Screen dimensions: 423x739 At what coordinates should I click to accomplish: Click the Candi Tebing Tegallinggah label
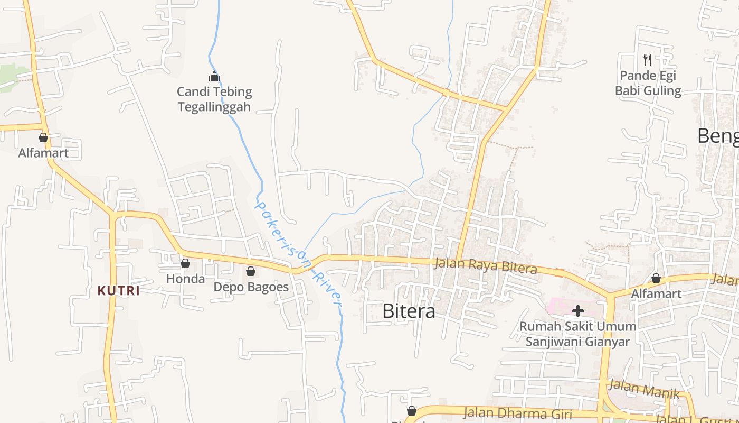(x=214, y=99)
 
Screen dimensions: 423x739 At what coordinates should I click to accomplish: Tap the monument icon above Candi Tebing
(x=214, y=76)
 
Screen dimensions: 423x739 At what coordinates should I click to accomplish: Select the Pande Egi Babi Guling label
(x=648, y=83)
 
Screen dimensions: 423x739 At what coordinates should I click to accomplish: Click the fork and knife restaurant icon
(x=648, y=59)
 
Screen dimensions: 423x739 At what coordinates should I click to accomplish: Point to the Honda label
(x=185, y=279)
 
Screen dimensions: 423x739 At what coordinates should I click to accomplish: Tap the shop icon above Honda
(x=185, y=263)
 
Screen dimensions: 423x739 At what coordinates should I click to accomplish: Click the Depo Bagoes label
(x=251, y=287)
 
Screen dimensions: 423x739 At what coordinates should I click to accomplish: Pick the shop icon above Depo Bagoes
(x=251, y=271)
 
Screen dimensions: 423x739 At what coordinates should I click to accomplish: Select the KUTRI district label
(x=119, y=291)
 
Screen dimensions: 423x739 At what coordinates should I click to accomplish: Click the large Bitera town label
(x=409, y=311)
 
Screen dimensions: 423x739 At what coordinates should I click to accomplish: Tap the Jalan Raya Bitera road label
(x=485, y=266)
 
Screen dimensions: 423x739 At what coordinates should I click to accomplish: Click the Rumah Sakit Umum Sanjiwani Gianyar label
(x=577, y=334)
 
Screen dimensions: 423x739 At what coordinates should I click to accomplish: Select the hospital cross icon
(x=578, y=310)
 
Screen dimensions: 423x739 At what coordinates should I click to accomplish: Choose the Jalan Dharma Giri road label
(x=517, y=413)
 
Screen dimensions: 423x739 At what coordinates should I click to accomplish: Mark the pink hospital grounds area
(x=560, y=306)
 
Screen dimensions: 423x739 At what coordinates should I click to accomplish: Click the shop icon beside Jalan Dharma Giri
(x=411, y=411)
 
